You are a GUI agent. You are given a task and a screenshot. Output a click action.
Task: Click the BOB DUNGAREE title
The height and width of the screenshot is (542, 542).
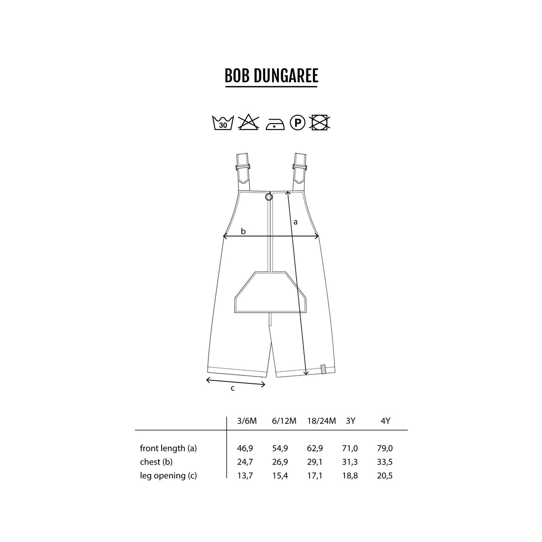tap(271, 76)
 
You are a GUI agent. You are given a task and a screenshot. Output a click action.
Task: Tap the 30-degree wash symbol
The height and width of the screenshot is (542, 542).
tap(223, 123)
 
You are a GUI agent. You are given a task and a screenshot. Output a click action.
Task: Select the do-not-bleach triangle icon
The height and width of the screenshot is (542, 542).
tap(248, 122)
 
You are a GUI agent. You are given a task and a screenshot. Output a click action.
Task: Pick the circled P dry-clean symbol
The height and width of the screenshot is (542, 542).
tap(298, 122)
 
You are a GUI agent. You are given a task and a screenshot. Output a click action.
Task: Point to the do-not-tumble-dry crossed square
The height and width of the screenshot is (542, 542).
tap(320, 122)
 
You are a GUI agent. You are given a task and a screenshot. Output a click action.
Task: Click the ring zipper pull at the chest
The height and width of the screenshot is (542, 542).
tap(269, 197)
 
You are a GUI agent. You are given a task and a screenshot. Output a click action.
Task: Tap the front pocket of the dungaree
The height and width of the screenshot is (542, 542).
tap(271, 292)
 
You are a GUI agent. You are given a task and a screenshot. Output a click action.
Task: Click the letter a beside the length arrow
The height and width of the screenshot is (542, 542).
tap(295, 222)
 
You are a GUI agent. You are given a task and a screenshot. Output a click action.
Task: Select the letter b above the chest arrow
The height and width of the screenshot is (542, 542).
tap(243, 231)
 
